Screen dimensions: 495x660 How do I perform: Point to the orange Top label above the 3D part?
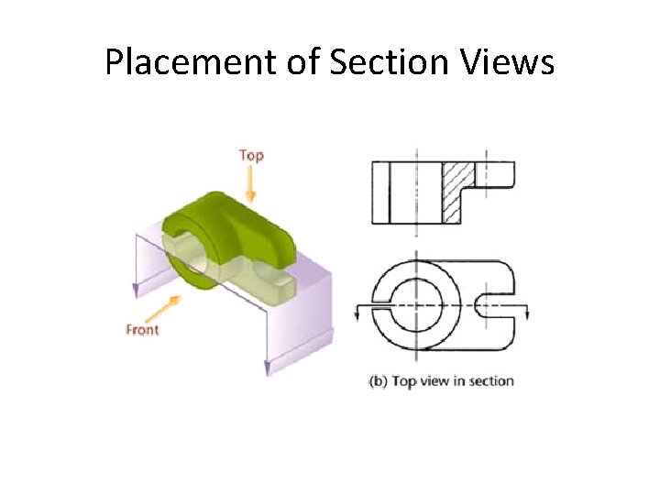click(251, 156)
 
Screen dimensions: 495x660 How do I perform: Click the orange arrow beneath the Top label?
click(251, 186)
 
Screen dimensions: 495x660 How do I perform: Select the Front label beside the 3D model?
click(142, 330)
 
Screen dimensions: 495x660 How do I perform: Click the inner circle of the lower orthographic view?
click(417, 303)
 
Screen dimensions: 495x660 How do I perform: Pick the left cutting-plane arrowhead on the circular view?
click(357, 313)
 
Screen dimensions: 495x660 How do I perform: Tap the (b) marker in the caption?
click(378, 381)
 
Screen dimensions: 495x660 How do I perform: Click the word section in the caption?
click(491, 381)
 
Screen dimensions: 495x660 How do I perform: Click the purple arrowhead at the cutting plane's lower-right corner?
click(268, 368)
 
